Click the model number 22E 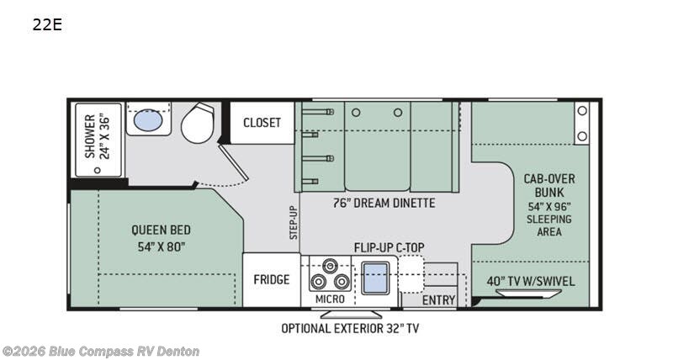(47, 24)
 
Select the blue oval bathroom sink (149, 120)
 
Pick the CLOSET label (262, 123)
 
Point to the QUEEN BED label (160, 229)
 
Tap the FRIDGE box (272, 280)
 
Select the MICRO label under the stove (330, 299)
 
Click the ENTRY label (438, 300)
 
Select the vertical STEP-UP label (294, 223)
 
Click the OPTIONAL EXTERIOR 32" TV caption (349, 328)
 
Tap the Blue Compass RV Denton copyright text (100, 351)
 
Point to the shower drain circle (98, 168)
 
